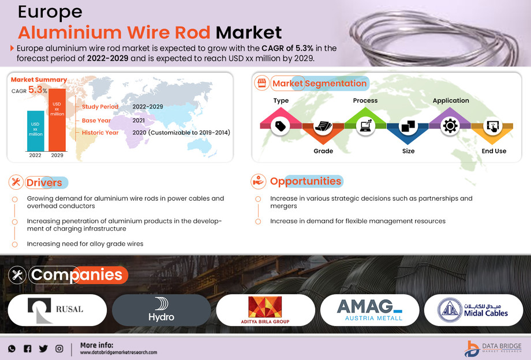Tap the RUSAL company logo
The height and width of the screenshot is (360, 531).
point(57,310)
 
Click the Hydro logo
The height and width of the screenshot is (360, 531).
point(161,310)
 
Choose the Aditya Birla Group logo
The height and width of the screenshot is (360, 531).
point(265,310)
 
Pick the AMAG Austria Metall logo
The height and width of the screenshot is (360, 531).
point(369,310)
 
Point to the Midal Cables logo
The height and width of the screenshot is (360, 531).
point(473,310)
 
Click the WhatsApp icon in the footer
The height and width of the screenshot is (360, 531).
point(12,348)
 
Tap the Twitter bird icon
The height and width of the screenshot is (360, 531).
point(43,348)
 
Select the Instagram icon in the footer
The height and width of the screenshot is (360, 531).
point(59,348)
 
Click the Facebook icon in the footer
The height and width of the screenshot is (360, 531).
point(27,348)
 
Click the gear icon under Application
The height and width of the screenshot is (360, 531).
point(450,126)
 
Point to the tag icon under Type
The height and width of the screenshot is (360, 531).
point(281,126)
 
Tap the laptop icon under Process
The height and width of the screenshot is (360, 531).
point(365,126)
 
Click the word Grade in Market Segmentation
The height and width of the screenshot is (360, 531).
point(323,151)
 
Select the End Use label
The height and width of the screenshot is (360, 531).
point(493,151)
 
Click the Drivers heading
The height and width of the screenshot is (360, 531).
point(44,183)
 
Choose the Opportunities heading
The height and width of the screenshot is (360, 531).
point(305,181)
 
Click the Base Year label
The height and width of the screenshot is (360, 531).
point(96,120)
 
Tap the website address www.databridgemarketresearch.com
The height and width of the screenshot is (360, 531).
point(118,352)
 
